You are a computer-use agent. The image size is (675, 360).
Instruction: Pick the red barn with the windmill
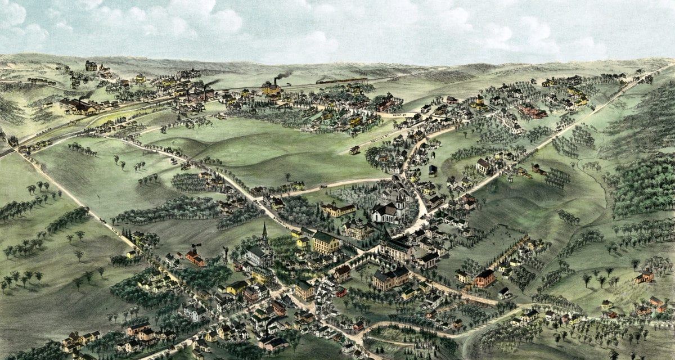[x=195, y=258]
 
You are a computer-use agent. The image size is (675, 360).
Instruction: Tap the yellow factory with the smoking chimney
[x=271, y=88]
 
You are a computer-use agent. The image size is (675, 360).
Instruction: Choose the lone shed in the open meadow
[x=355, y=150]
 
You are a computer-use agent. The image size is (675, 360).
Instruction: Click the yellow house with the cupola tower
[x=480, y=103]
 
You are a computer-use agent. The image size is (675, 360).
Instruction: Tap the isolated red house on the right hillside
[x=645, y=276]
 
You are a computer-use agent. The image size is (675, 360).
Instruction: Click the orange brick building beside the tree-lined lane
[x=484, y=277]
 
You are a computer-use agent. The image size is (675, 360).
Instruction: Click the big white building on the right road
[x=483, y=165]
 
